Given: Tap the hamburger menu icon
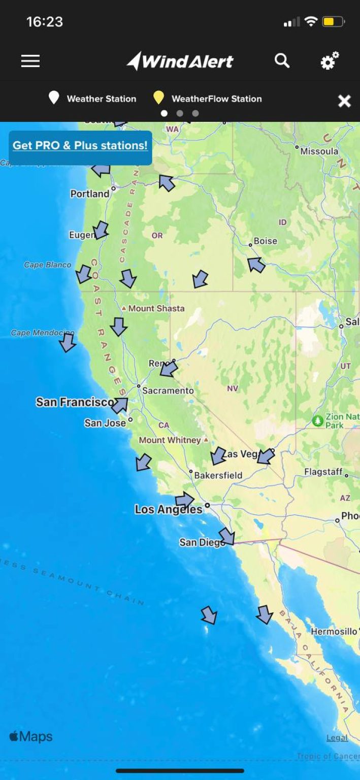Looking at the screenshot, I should click(x=30, y=61).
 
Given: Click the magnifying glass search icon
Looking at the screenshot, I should click(x=282, y=61).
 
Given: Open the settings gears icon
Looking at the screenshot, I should click(x=330, y=61).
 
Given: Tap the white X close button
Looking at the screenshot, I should click(x=344, y=101).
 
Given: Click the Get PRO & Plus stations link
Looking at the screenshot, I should click(x=80, y=146).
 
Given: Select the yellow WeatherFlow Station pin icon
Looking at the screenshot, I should click(x=159, y=98).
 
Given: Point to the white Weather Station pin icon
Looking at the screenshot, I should click(x=54, y=98).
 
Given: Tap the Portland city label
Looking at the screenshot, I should click(x=90, y=193).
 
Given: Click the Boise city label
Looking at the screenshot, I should click(x=266, y=241).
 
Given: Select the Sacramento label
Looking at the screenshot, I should click(x=168, y=391).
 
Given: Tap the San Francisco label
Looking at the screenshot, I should click(x=75, y=402).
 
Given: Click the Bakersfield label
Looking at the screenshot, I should click(x=218, y=475).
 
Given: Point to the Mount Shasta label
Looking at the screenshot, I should click(x=156, y=308).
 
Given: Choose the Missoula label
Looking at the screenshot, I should click(x=319, y=151).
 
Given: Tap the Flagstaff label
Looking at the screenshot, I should click(x=323, y=472).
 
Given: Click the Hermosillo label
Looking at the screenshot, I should click(x=334, y=631).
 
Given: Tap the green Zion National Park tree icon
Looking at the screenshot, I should click(x=318, y=420).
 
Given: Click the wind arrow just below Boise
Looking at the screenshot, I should click(x=256, y=265).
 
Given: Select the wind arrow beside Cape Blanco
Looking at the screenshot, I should click(x=83, y=274).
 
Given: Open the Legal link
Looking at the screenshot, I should click(x=337, y=738).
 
